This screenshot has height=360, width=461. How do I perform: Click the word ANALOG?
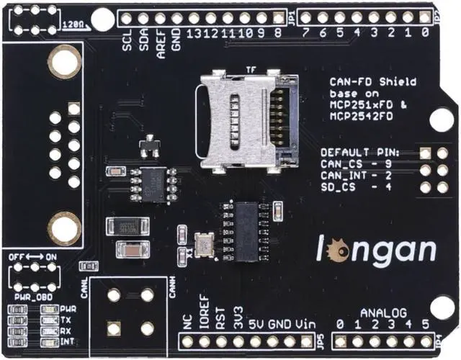[383, 313]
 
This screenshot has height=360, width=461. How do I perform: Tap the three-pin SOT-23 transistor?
[150, 146]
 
